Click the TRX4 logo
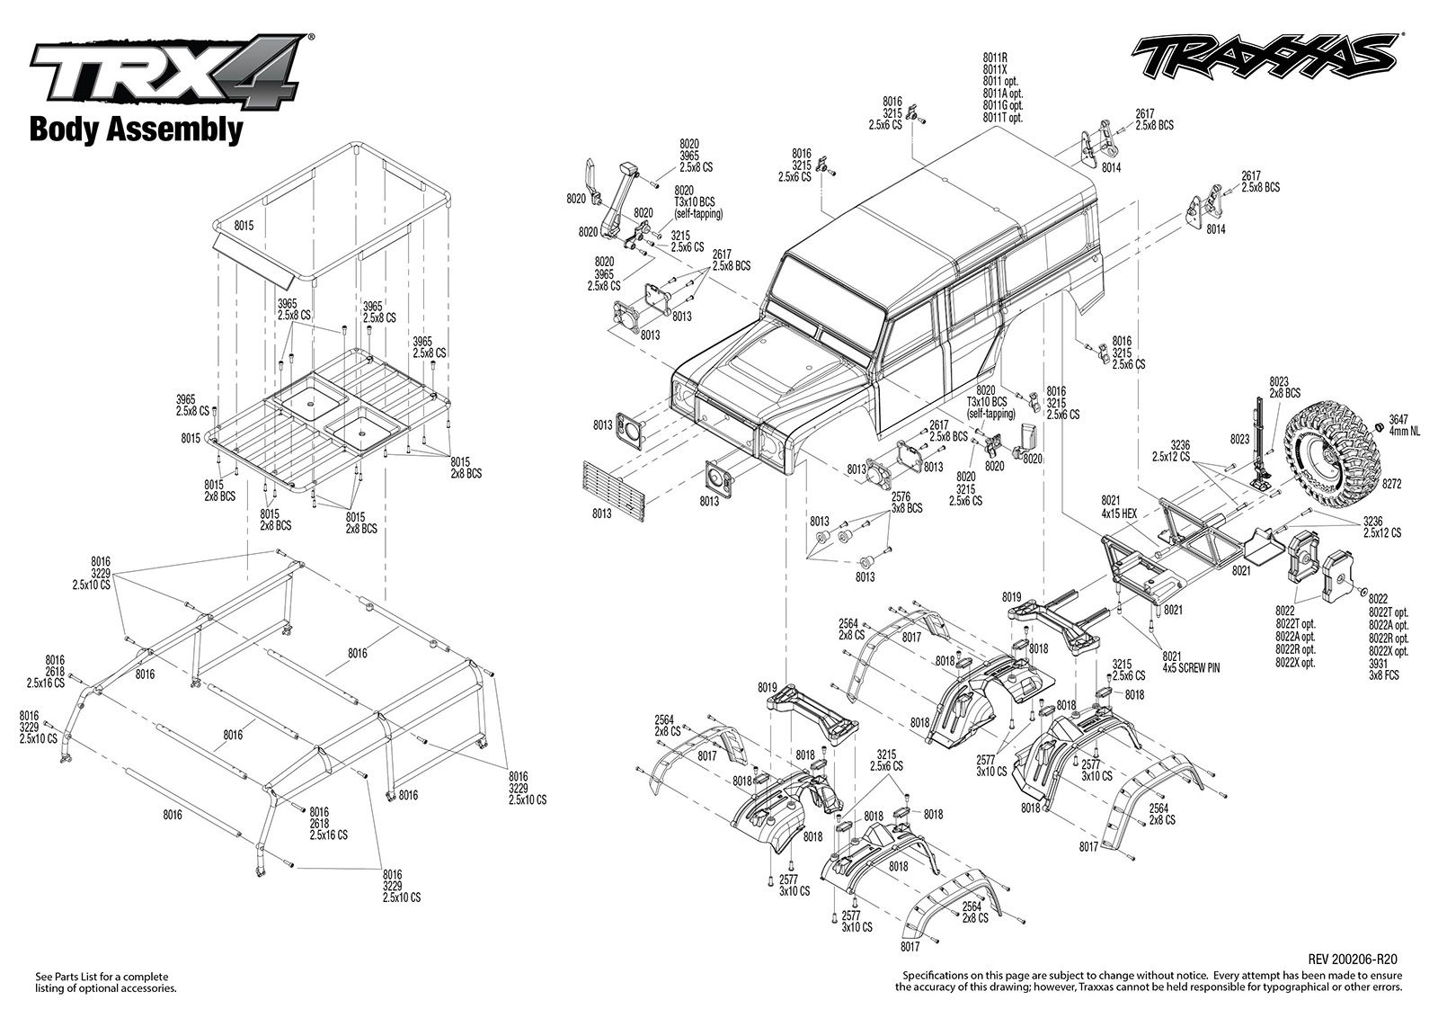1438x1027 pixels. pyautogui.click(x=172, y=70)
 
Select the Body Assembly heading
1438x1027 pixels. pyautogui.click(x=136, y=129)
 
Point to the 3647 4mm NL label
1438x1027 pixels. pyautogui.click(x=1404, y=425)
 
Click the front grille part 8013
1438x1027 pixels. pyautogui.click(x=613, y=491)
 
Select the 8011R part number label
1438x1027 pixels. pyautogui.click(x=995, y=58)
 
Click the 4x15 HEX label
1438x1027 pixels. pyautogui.click(x=1119, y=513)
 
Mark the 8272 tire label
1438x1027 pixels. pyautogui.click(x=1392, y=485)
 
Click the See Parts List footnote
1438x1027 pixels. pyautogui.click(x=105, y=983)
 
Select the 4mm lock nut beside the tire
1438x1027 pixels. pyautogui.click(x=1378, y=428)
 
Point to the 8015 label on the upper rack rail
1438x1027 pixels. pyautogui.click(x=244, y=226)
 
